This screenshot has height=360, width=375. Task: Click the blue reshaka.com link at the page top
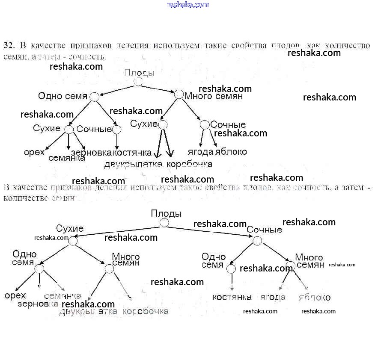[x=187, y=5]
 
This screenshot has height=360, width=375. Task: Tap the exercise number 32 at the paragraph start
[x=9, y=45]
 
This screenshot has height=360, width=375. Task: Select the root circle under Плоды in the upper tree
[x=138, y=82]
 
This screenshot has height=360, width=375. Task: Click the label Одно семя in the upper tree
[x=62, y=96]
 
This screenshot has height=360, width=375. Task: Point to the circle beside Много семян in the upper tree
[x=179, y=94]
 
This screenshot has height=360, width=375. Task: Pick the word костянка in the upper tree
[x=132, y=153]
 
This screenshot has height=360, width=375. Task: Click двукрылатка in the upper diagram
[x=133, y=164]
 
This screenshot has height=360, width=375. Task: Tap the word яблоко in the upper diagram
[x=231, y=152]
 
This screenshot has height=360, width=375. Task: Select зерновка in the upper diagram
[x=91, y=153]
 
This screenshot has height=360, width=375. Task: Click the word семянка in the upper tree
[x=67, y=158]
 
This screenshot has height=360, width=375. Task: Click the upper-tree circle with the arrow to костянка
[x=116, y=129]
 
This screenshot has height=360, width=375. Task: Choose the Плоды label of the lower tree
[x=166, y=213]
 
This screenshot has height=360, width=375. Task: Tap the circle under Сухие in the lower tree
[x=73, y=241]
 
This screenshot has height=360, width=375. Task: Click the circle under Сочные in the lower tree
[x=257, y=241]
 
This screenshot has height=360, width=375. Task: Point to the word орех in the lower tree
[x=15, y=295]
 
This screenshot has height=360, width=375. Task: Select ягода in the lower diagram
[x=273, y=298]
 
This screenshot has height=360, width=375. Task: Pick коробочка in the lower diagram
[x=146, y=311]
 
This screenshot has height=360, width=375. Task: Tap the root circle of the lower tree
[x=164, y=223]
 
